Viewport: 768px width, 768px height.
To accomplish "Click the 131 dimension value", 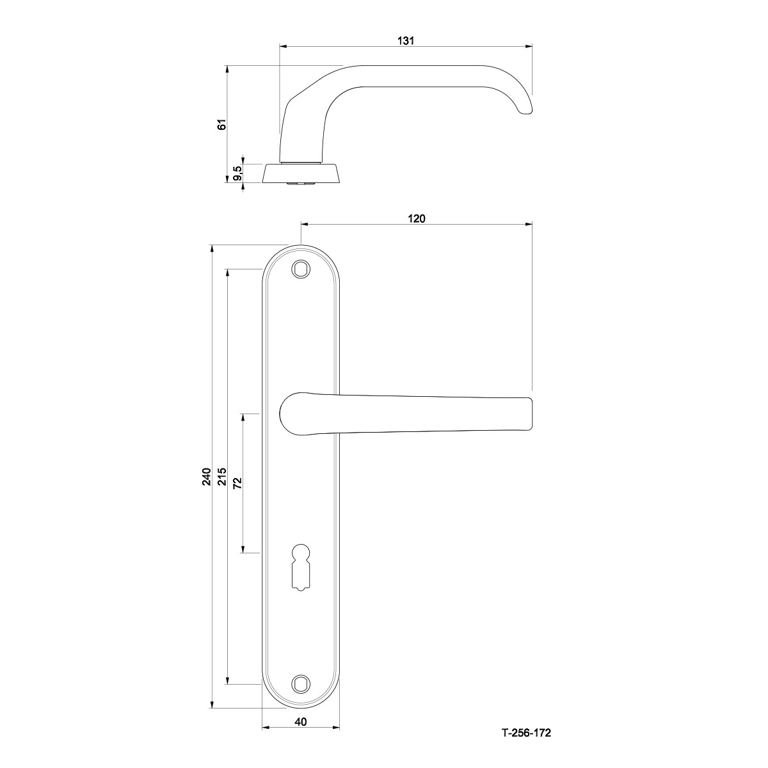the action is coord(406,41).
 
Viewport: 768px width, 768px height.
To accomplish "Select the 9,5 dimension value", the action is coord(237,173).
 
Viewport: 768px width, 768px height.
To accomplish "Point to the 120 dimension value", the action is coord(417,218).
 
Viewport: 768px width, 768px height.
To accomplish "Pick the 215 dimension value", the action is coord(222,476).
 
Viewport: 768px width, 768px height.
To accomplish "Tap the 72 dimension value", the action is coord(238,483).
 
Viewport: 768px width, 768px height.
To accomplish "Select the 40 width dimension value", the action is coord(301,722).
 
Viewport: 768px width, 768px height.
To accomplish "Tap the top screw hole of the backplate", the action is coord(301,269).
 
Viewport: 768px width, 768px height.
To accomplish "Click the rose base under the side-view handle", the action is coord(301,173).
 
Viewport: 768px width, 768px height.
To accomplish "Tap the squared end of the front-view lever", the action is coord(531,413).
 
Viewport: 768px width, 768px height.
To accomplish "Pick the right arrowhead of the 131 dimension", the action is coord(529,47).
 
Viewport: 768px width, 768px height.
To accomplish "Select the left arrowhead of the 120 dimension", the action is coord(305,225).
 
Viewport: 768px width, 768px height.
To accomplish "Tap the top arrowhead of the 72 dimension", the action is coord(243,418).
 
